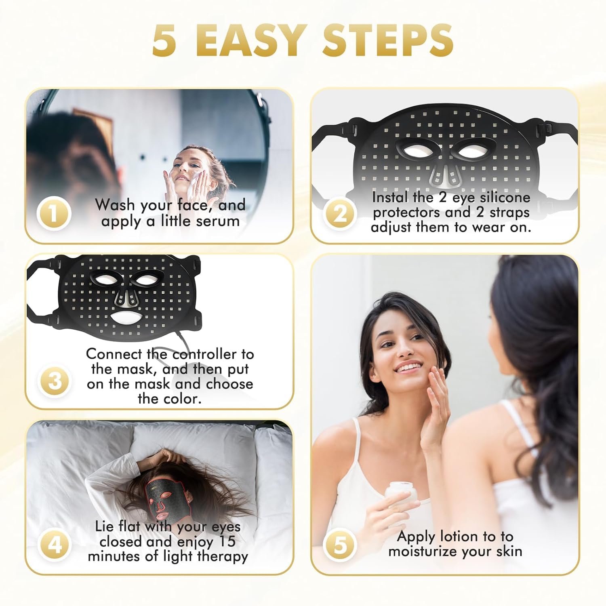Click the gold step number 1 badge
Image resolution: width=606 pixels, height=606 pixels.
click(x=54, y=213)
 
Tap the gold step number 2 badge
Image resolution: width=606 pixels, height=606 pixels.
click(x=340, y=214)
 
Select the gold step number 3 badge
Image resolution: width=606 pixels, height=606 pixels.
click(x=55, y=381)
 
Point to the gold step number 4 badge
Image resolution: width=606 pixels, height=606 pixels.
click(x=55, y=545)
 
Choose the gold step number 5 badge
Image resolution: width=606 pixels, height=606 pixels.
click(x=341, y=545)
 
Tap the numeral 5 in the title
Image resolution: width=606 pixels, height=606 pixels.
click(x=164, y=40)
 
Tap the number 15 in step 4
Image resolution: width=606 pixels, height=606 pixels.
click(x=227, y=541)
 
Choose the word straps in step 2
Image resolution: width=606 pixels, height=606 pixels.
click(x=509, y=213)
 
